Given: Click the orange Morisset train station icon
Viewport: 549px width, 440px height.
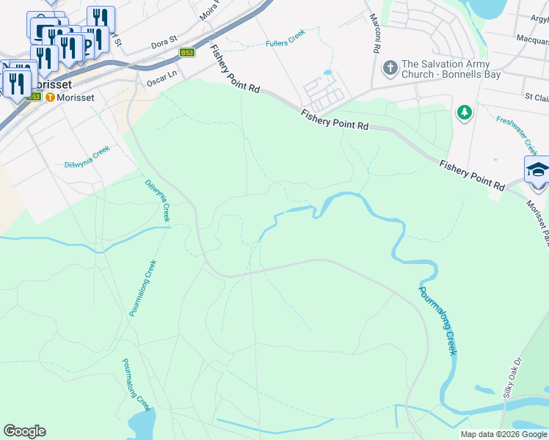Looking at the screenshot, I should coord(50,97).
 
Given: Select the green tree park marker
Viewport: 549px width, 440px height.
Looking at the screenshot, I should coord(464,112).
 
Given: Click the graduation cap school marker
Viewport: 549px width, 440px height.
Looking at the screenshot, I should coord(538,169).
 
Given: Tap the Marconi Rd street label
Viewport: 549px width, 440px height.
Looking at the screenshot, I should coord(375,32).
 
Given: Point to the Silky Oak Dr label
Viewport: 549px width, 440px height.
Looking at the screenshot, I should coord(512,377).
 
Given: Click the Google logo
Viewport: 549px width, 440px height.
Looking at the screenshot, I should coord(24,431).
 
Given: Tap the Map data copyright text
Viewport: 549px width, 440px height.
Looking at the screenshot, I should coord(503,434).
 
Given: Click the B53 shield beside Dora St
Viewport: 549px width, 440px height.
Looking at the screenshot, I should coord(187,53).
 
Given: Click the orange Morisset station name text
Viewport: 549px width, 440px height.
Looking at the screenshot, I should coord(76,97).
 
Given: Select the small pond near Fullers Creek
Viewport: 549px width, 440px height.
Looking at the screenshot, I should coord(327,73).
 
